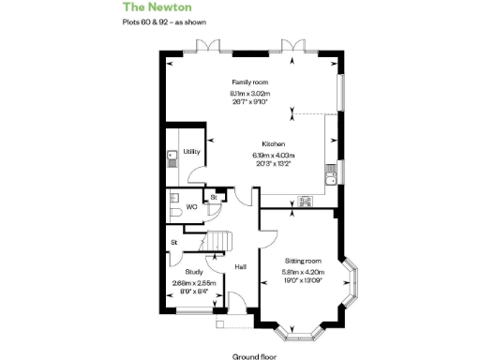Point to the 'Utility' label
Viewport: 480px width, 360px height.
(x=191, y=151)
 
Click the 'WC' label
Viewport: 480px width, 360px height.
(x=191, y=206)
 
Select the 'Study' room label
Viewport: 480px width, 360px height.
(x=194, y=272)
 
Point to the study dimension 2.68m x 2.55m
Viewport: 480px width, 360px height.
(x=194, y=282)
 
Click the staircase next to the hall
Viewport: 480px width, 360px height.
(x=218, y=241)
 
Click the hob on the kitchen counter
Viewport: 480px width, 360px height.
(x=305, y=200)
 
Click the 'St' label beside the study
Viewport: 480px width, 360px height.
(x=173, y=244)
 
